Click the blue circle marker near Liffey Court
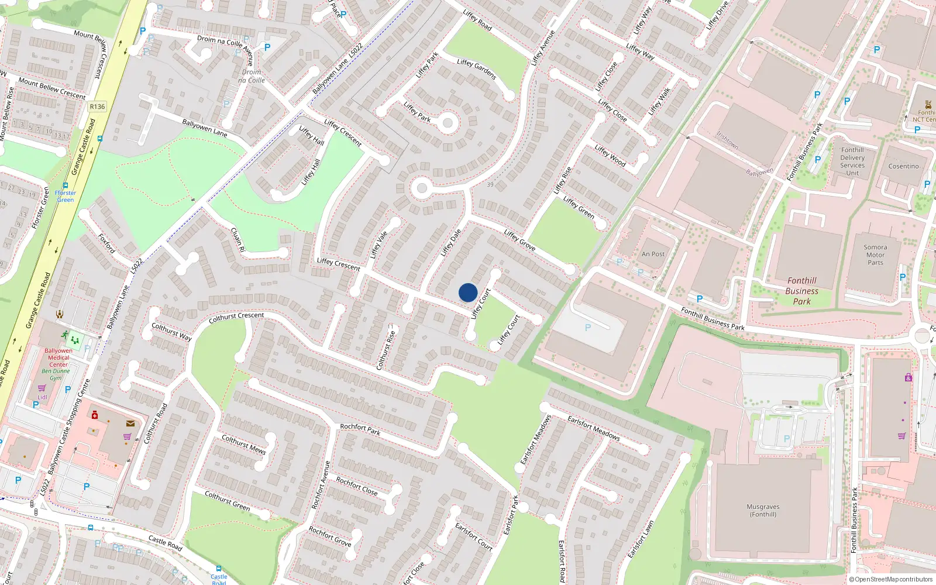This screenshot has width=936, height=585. [468, 292]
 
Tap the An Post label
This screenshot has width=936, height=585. [653, 254]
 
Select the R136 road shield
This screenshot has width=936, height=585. [97, 106]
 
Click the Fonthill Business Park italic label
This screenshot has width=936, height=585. [801, 291]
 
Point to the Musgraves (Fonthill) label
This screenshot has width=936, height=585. [763, 511]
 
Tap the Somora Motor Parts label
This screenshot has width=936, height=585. [875, 255]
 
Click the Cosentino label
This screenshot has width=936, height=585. [903, 166]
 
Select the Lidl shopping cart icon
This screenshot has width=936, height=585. [42, 388]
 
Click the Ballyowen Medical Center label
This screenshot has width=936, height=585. [58, 357]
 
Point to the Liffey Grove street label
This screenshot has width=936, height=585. [519, 240]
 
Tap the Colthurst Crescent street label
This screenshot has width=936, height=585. [236, 317]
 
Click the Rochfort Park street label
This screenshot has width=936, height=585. [360, 429]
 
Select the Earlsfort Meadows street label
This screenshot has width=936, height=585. [593, 428]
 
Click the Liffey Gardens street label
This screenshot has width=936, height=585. [476, 69]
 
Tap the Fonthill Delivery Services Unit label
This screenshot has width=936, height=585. [852, 161]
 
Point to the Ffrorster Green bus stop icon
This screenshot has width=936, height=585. [66, 185]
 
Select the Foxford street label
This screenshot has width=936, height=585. [106, 243]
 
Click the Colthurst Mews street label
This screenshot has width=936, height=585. [243, 444]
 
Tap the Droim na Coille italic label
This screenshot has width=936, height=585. [252, 76]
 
